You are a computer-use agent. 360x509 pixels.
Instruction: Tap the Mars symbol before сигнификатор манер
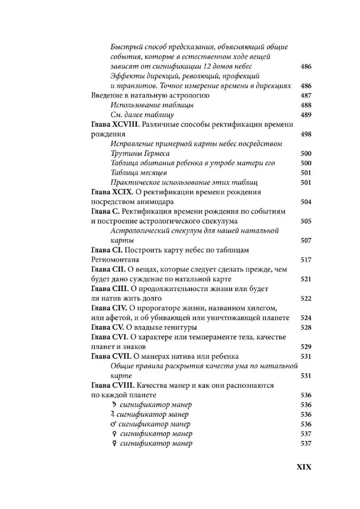pos(114,423)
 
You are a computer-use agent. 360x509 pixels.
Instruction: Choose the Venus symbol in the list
pos(114,434)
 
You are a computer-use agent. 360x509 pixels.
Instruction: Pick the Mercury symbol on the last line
pos(114,443)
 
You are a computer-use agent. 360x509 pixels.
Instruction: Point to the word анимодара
pos(151,202)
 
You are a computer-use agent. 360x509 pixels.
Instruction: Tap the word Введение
pos(107,96)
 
